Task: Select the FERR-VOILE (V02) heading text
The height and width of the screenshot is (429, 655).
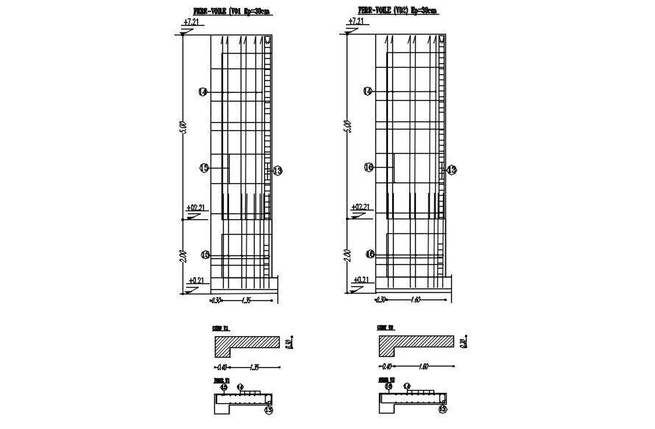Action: [x=397, y=11]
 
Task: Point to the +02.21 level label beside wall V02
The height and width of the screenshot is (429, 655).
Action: [x=360, y=208]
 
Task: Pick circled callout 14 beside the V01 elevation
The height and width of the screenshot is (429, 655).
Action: [x=203, y=91]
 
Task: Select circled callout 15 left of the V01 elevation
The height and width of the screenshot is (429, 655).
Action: [x=204, y=168]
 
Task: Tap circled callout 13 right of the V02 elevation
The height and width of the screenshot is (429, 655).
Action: [x=451, y=170]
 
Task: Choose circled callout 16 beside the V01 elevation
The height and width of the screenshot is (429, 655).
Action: [x=204, y=255]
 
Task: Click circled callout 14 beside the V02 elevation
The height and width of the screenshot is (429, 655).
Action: [x=369, y=91]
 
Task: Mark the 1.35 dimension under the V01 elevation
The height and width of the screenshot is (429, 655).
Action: [x=247, y=300]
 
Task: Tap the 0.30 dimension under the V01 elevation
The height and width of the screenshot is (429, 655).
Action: [x=216, y=300]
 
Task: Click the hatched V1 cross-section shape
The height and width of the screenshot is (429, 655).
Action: [x=247, y=344]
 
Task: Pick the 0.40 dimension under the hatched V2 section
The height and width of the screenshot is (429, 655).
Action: [x=386, y=366]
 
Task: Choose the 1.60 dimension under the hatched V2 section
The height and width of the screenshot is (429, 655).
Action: [x=423, y=366]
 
